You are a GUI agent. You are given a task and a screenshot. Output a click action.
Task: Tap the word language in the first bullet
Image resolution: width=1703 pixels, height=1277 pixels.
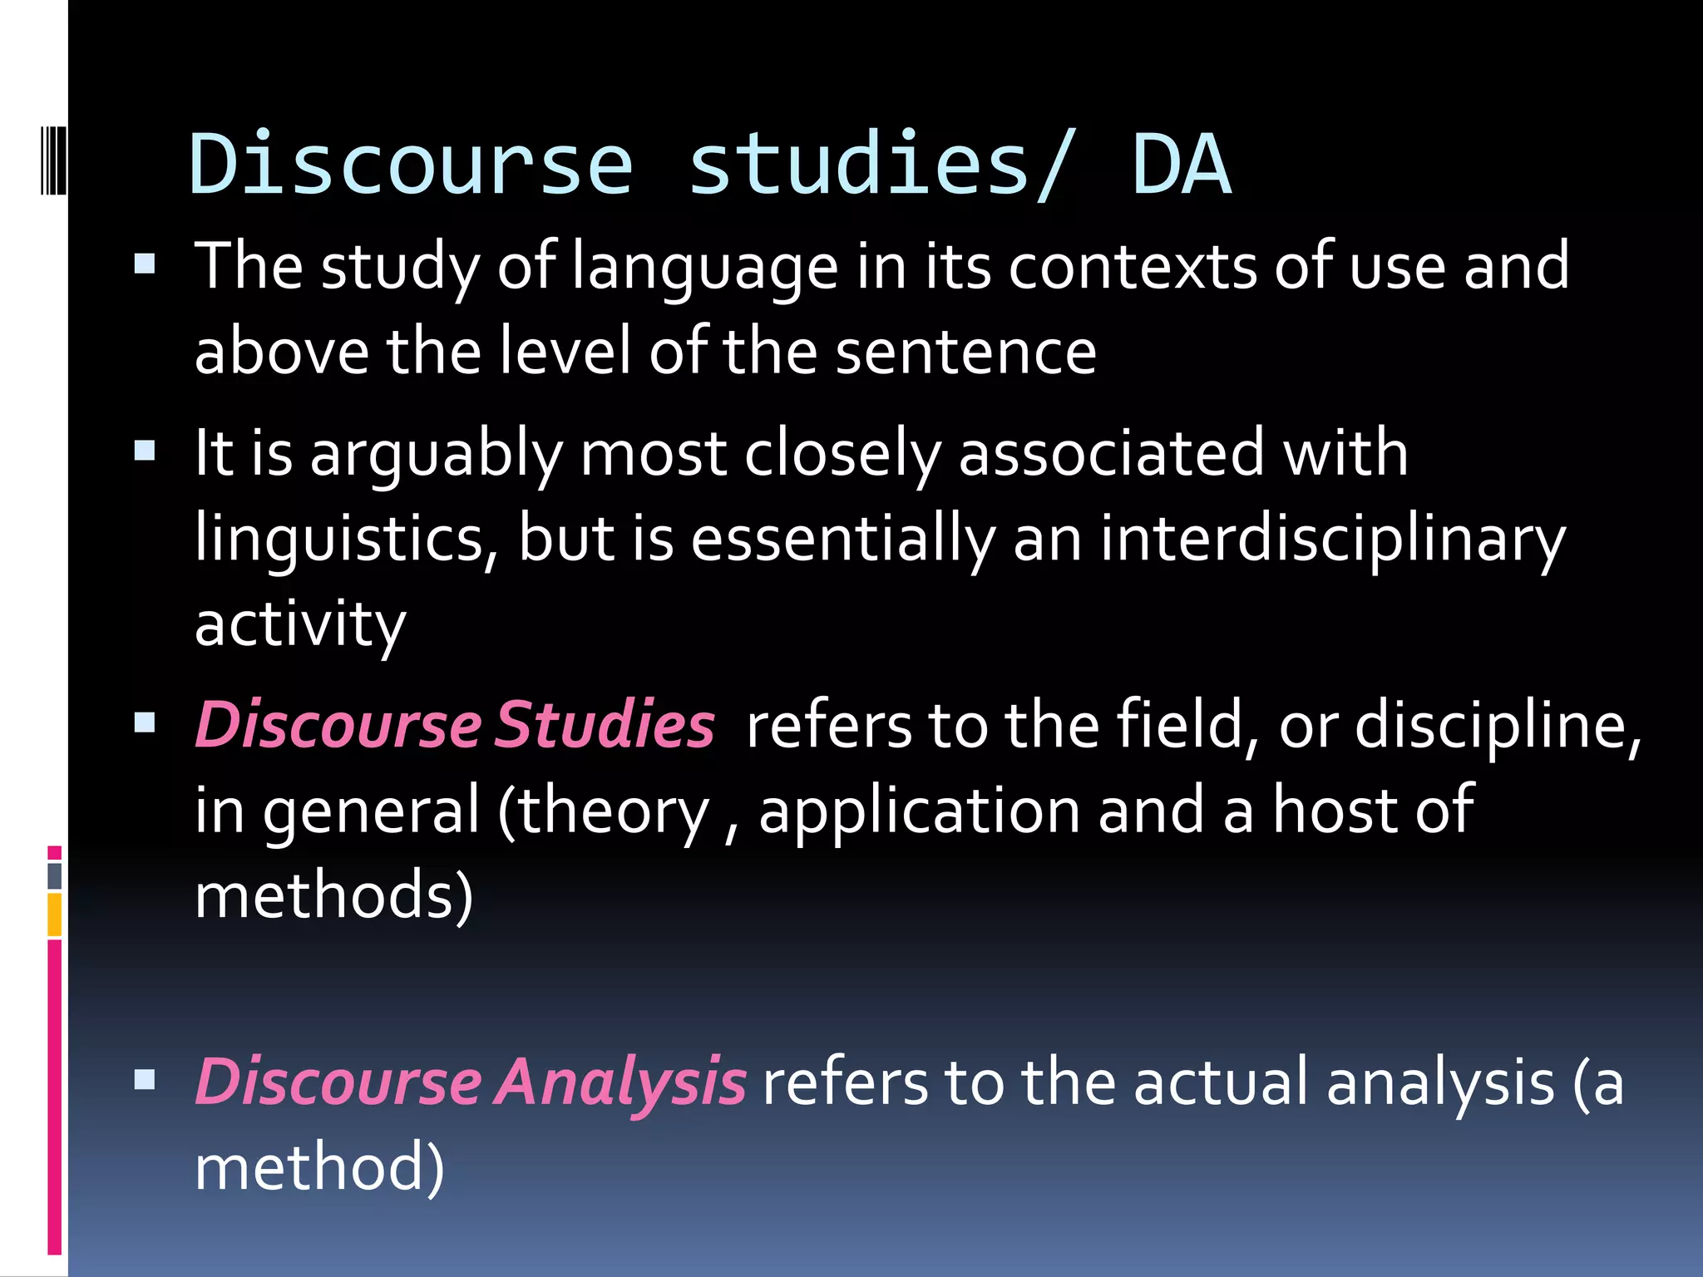(x=705, y=268)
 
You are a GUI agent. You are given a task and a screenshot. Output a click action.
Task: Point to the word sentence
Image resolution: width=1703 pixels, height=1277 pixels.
(x=965, y=352)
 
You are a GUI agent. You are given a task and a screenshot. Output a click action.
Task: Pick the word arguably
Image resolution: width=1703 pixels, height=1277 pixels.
(x=437, y=456)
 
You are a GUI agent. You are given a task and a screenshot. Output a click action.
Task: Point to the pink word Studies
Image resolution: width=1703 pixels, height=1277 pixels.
(x=605, y=725)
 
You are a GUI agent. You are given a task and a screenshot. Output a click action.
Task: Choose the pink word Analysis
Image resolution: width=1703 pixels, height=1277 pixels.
(x=620, y=1082)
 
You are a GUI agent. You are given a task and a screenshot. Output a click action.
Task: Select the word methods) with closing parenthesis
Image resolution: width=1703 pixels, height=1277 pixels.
(x=333, y=896)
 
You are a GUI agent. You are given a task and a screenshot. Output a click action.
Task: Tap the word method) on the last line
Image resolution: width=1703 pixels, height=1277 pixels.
(x=319, y=1167)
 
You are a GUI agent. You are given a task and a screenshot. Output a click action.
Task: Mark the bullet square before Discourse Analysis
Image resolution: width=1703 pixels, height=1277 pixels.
(x=145, y=1079)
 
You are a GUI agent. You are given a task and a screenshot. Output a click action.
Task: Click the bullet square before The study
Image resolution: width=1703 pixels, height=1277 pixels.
(x=145, y=264)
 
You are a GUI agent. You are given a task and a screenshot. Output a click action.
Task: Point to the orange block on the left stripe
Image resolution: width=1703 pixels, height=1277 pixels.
(x=55, y=915)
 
